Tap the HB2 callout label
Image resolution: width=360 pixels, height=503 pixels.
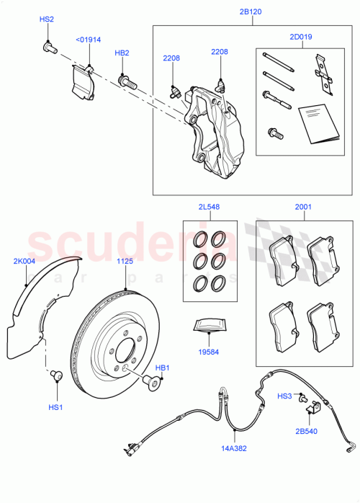[x=122, y=53]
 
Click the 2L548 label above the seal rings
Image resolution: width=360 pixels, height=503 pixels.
[x=209, y=207]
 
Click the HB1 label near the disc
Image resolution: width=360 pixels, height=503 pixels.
[x=162, y=368]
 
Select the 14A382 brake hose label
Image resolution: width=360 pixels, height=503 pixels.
[x=233, y=448]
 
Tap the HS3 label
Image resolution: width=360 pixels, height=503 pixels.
[x=285, y=396]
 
